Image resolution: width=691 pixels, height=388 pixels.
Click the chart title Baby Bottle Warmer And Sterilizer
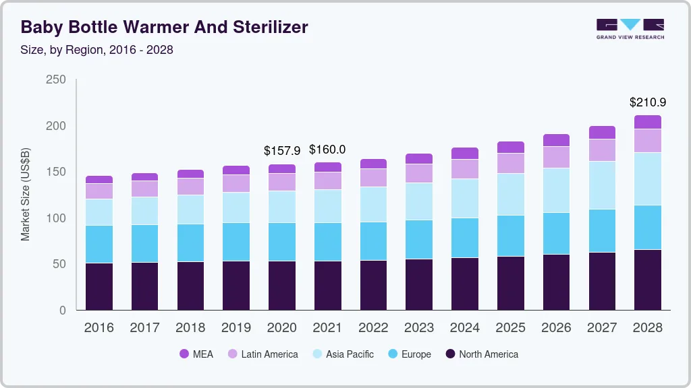pos(165,27)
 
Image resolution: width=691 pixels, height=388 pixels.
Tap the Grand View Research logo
pos(630,28)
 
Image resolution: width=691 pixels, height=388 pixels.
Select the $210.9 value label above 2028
pos(648,102)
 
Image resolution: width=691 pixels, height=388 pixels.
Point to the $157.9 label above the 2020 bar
pos(282,150)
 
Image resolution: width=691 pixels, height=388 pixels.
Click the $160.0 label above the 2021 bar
pos(327,149)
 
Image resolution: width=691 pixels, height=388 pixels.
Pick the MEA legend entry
pos(196,354)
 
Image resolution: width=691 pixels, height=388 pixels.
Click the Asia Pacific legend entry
pos(342,354)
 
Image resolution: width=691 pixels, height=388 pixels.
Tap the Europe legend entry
pos(408,354)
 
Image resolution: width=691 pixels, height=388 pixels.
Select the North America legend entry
pos(481,354)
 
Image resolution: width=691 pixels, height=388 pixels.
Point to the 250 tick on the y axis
pos(56,79)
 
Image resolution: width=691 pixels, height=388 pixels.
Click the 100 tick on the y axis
pos(56,218)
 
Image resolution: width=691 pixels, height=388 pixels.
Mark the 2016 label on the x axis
pos(99,328)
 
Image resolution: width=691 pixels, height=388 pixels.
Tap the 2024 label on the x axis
pos(465,328)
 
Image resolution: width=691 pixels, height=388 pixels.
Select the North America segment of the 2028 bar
pos(648,280)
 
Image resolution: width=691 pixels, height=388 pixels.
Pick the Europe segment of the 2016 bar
pos(99,244)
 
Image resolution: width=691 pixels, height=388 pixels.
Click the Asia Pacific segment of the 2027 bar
pos(602,185)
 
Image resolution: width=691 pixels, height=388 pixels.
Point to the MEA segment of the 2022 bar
pos(373,164)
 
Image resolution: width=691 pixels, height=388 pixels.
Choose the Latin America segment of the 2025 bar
pos(511,163)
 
